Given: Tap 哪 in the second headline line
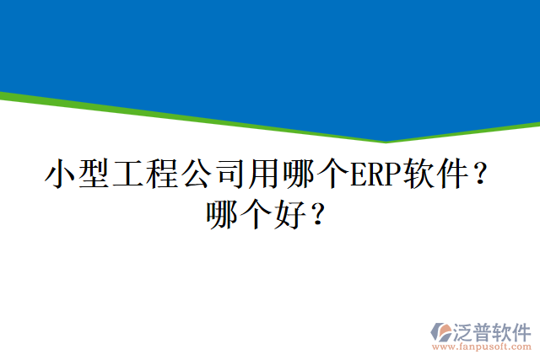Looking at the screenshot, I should click(224, 214).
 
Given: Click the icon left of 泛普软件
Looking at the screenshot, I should click(442, 330).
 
